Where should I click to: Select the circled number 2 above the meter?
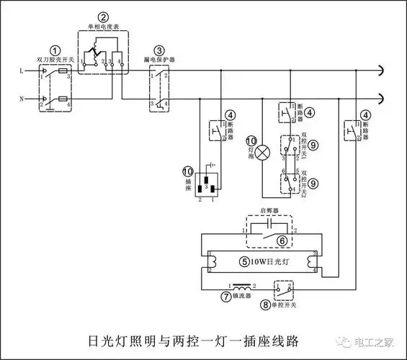point(104,17)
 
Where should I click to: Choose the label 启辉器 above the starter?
point(269,214)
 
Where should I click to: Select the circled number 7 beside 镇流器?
point(225,296)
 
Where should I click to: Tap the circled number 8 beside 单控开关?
point(268,305)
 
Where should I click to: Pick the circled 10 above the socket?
point(188,171)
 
